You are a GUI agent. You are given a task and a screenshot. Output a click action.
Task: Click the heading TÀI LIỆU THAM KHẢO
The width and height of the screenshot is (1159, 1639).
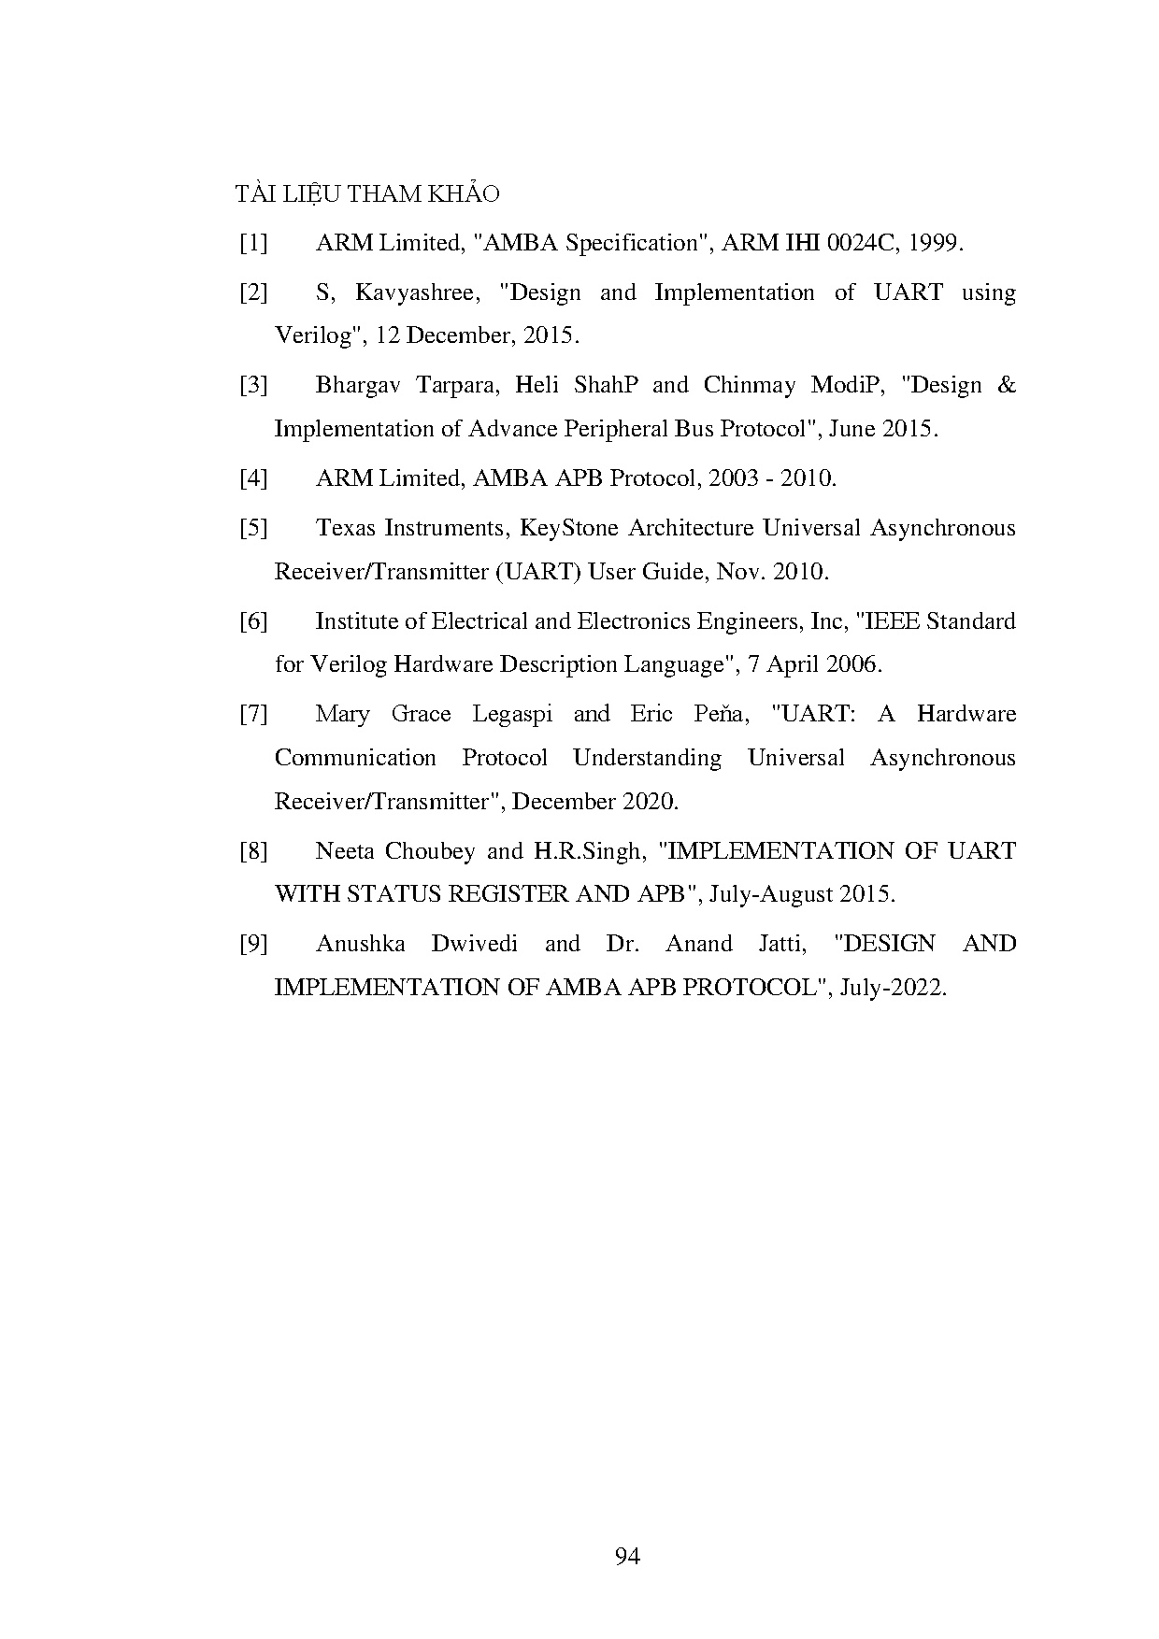coord(367,193)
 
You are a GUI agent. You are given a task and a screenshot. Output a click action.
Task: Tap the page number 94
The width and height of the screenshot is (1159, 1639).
coord(627,1556)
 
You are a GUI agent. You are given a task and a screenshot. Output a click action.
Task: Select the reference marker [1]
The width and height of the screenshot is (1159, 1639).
coord(253,243)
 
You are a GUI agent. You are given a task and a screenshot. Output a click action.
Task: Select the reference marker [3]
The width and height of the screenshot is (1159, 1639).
coord(253,385)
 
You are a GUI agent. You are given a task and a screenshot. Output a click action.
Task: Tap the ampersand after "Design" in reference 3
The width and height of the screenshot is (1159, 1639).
coord(1007,385)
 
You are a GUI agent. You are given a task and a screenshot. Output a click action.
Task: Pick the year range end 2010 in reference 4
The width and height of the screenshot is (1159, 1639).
coord(807,478)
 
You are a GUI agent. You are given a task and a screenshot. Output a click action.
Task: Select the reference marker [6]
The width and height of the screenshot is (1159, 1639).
coord(253,621)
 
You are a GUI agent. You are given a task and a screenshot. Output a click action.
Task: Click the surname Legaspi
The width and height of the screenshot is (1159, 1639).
coord(511,714)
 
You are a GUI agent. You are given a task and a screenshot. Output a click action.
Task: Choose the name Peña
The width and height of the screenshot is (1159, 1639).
coord(722,714)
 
